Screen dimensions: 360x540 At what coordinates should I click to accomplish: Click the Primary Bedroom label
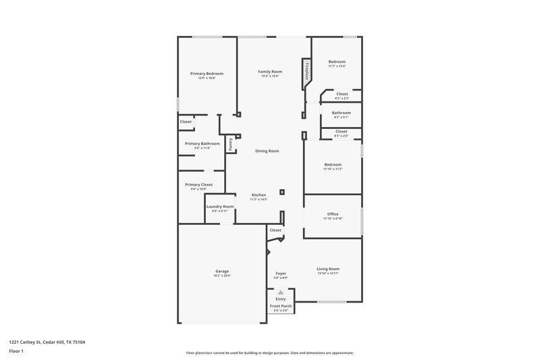[x=207, y=73]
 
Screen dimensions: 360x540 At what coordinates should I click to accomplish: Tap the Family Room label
[x=270, y=72]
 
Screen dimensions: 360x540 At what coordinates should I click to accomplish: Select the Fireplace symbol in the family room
[x=306, y=71]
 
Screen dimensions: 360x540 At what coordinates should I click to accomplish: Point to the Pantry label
[x=231, y=143]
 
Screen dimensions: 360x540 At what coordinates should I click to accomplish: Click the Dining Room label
[x=267, y=151]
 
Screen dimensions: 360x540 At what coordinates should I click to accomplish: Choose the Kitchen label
[x=259, y=195]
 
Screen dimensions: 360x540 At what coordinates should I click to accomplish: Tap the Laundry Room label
[x=220, y=206]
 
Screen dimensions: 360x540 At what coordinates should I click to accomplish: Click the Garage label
[x=222, y=271]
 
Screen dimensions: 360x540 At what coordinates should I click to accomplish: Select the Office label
[x=333, y=214]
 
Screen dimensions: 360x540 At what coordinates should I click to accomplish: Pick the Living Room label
[x=328, y=269]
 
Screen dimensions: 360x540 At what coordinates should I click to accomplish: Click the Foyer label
[x=281, y=273]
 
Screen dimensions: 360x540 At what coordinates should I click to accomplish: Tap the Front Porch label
[x=281, y=306]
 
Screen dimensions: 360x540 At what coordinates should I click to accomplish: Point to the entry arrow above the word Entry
[x=281, y=292]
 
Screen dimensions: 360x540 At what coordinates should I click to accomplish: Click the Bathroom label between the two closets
[x=341, y=113]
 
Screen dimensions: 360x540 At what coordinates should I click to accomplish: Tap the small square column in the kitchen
[x=282, y=192]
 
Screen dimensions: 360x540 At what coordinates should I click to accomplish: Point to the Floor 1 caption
[x=16, y=351]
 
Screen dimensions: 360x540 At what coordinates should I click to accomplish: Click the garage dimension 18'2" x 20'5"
[x=222, y=276]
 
